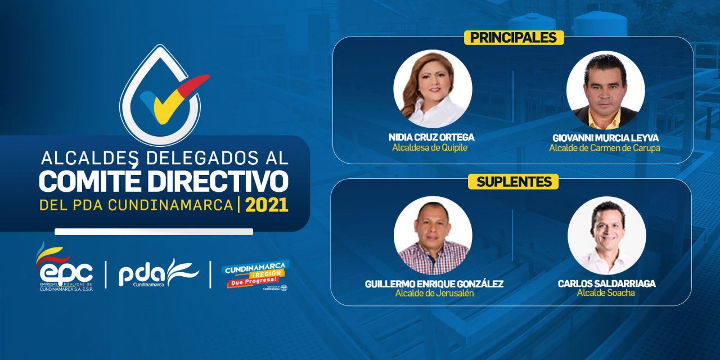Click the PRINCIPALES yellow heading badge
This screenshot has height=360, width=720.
(513, 38)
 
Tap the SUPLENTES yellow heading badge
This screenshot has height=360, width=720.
(513, 182)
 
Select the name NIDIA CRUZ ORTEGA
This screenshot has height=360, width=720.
(431, 137)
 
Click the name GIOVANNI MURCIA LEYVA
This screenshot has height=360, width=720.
(605, 138)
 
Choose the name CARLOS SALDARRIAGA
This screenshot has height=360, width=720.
(606, 283)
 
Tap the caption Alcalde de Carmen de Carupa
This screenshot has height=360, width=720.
(605, 148)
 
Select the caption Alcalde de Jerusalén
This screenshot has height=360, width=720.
(431, 294)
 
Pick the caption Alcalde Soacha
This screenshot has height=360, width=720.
(606, 293)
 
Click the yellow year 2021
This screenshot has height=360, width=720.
(266, 205)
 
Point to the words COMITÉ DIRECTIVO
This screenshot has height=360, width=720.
(163, 181)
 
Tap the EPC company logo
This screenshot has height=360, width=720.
(65, 269)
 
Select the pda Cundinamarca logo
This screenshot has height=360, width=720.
(158, 273)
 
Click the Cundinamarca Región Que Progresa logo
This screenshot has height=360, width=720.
(256, 274)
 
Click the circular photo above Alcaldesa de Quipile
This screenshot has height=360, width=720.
(432, 89)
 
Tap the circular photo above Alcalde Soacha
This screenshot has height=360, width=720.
(606, 235)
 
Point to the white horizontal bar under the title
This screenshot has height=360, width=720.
(154, 231)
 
